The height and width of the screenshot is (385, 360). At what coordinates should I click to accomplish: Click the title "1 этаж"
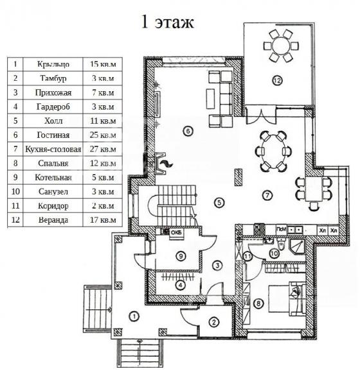(168, 22)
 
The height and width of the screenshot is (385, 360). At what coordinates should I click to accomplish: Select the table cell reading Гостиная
(53, 135)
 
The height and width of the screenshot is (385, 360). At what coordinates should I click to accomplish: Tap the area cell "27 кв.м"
(103, 150)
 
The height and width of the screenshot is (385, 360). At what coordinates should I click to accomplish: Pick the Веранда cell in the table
(53, 220)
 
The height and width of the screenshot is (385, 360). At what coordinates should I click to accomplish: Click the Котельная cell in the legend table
(53, 178)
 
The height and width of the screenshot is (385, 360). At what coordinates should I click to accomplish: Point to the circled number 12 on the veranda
(277, 80)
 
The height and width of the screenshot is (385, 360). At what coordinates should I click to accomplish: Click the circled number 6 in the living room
(188, 131)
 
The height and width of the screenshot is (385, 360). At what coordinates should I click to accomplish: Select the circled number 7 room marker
(267, 196)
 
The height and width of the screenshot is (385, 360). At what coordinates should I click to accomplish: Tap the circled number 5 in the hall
(219, 203)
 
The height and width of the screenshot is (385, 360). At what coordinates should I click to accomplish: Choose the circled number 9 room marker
(181, 256)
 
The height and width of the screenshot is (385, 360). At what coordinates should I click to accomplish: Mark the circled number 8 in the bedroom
(258, 304)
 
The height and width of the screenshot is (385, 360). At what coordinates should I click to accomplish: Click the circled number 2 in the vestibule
(213, 322)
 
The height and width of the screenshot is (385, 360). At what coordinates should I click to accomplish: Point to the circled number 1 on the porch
(134, 316)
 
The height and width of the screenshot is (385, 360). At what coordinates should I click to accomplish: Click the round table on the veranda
(281, 46)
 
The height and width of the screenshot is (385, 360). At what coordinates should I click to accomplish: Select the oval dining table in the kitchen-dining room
(273, 151)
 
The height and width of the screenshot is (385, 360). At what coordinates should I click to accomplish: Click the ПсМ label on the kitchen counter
(282, 230)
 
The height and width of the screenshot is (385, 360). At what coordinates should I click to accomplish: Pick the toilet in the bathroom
(281, 244)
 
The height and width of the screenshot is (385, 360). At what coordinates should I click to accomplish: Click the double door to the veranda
(261, 115)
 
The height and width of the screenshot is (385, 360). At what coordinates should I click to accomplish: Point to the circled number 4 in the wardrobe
(181, 286)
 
